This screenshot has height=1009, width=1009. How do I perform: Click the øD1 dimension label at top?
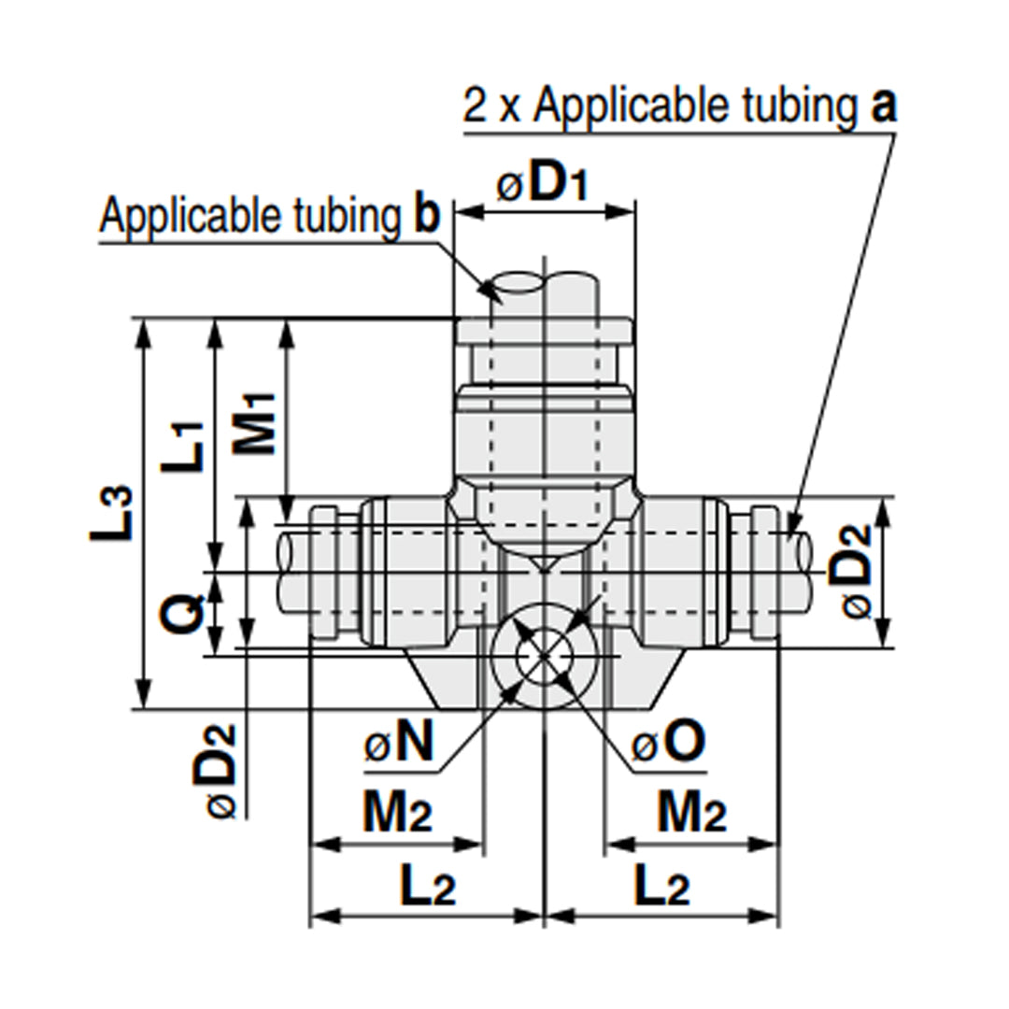click(x=543, y=185)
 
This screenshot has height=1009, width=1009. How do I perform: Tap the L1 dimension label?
click(x=188, y=445)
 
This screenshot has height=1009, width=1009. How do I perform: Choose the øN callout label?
click(x=400, y=744)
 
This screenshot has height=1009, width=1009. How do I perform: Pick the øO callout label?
click(x=669, y=744)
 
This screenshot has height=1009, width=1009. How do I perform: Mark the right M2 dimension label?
click(x=691, y=814)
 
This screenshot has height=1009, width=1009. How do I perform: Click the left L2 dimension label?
click(x=428, y=888)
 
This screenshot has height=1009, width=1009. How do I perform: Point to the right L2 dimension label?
click(x=661, y=888)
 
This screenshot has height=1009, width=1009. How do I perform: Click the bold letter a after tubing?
click(x=881, y=107)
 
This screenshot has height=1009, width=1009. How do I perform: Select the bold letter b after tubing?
click(x=426, y=216)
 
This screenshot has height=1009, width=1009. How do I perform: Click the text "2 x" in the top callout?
click(x=491, y=107)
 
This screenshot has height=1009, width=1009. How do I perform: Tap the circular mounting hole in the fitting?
click(x=544, y=653)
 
